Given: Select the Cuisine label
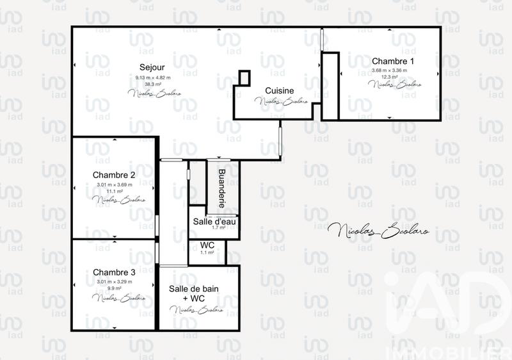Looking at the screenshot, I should pos(279,91).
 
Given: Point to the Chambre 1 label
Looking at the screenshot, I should pos(393,61).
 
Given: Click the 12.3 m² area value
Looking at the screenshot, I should pos(393,76).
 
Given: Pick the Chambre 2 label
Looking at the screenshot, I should pos(114,175).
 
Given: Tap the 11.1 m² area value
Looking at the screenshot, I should pos(114,191).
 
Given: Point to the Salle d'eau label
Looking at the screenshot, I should pos(215,221).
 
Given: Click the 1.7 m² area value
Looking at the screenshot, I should pos(215,228).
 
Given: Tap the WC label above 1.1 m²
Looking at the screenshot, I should pos(207,245).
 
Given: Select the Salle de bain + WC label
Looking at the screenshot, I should pos(194,293).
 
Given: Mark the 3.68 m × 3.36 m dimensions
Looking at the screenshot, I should pos(393,70).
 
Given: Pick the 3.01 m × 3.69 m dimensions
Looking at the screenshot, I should pos(114,184).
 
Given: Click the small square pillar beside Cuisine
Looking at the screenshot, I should pos(244,78).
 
